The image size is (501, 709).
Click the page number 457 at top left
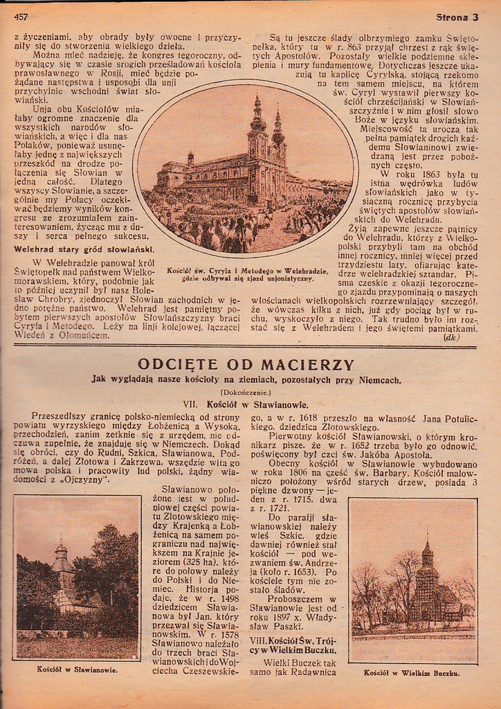coord(20,17)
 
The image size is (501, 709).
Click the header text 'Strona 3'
coord(457,17)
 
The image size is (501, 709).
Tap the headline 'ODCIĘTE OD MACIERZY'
coord(246,364)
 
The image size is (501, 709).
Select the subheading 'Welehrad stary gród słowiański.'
coord(84,249)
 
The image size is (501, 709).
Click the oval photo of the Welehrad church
coord(246,168)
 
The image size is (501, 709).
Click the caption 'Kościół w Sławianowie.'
coord(77,670)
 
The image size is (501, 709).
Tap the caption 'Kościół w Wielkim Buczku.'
coord(412,672)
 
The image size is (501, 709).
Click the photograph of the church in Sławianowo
coord(77,578)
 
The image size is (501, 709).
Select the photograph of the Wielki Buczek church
coord(412,580)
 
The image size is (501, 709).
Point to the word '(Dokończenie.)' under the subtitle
coord(246,392)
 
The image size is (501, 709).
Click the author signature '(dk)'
coord(452,338)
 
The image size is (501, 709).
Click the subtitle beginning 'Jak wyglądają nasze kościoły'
coord(246,379)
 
